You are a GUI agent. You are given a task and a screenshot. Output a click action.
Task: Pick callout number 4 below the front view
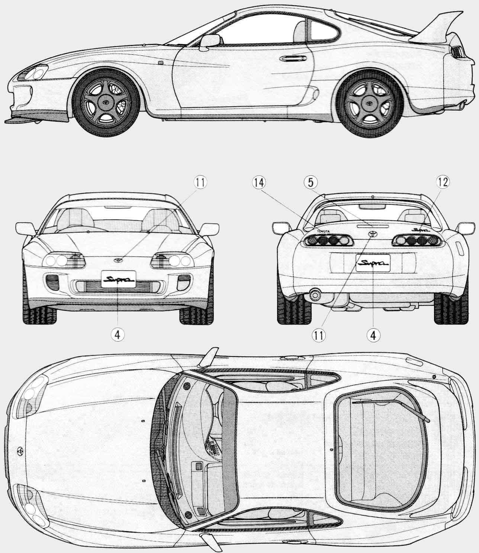[x=117, y=334]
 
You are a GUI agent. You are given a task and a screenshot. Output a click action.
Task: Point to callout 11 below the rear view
[x=318, y=334]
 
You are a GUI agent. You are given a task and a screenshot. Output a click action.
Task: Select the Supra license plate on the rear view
[x=373, y=263]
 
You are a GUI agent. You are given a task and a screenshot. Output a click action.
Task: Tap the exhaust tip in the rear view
[x=315, y=295]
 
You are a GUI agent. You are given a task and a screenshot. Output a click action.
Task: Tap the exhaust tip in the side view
[x=461, y=107]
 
